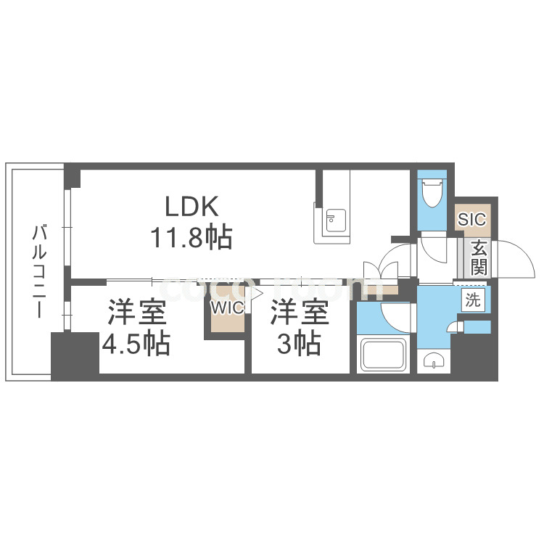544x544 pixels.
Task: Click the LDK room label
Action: (191, 207)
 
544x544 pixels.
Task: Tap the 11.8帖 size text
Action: (191, 237)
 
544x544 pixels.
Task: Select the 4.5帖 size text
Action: (136, 344)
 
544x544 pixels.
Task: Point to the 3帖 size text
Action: (299, 344)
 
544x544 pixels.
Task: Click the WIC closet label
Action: (227, 308)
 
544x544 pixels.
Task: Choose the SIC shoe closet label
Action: (472, 219)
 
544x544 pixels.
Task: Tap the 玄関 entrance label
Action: (479, 257)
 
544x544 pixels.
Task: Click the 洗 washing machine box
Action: (473, 300)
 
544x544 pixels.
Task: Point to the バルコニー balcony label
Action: (38, 272)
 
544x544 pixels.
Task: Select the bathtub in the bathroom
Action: (384, 354)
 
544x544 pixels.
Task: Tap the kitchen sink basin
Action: (336, 221)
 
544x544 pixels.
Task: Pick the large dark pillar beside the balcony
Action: (75, 356)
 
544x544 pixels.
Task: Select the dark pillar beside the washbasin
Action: (474, 355)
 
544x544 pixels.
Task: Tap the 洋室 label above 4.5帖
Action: (137, 312)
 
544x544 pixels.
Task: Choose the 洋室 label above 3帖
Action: (300, 312)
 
